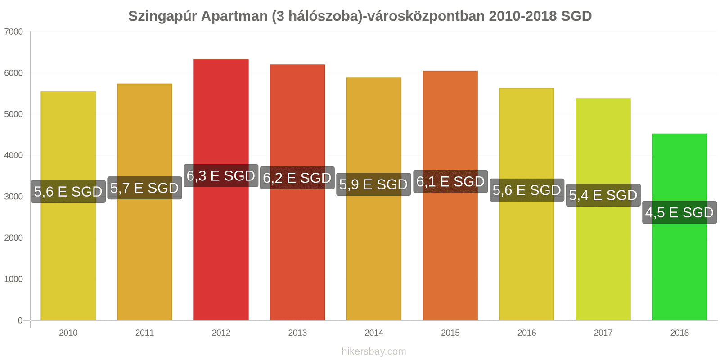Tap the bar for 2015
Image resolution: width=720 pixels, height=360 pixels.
(x=450, y=252)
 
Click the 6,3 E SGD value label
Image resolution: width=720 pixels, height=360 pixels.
(x=221, y=176)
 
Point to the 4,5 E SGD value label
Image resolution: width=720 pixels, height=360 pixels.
(x=679, y=212)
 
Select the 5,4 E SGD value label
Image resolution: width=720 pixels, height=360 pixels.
(x=603, y=195)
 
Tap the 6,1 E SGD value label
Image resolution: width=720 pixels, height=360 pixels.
(x=450, y=182)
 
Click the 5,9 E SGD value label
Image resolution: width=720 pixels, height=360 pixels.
(x=373, y=184)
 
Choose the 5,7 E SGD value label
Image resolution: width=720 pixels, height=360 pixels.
(x=144, y=188)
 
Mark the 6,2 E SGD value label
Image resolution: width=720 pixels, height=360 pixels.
(x=297, y=178)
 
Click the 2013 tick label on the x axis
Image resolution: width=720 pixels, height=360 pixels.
(x=297, y=333)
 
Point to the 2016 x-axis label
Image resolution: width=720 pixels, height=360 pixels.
(x=526, y=333)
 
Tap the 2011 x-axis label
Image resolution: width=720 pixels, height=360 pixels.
(x=144, y=333)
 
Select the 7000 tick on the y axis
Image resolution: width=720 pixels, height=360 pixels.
(x=13, y=32)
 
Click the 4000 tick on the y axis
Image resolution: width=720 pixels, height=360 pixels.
(x=13, y=156)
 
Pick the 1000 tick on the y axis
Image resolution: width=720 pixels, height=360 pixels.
(x=13, y=279)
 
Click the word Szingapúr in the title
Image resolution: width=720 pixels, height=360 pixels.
(x=162, y=17)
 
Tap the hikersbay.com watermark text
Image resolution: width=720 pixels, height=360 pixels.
(x=373, y=351)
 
